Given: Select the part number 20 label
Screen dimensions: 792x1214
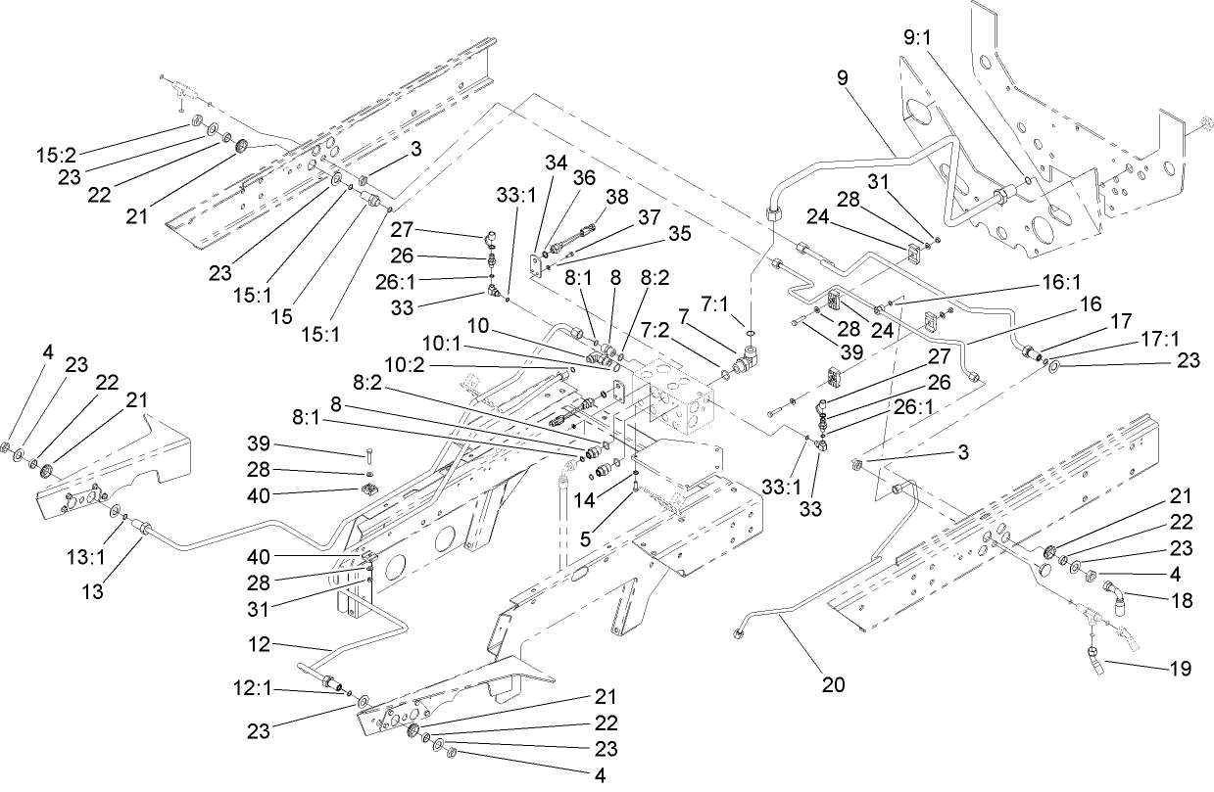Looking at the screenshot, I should click(x=833, y=685).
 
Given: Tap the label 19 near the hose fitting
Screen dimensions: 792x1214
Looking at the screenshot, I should click(x=1181, y=670).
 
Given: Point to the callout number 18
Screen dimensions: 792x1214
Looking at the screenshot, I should click(x=1183, y=600).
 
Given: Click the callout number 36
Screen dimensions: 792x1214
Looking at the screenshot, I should click(x=585, y=177).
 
